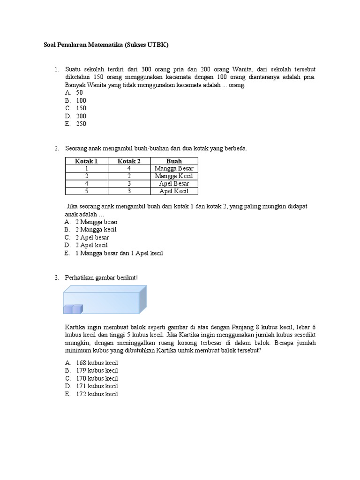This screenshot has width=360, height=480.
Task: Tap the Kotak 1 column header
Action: (x=86, y=161)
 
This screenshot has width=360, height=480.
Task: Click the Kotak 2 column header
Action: (x=129, y=161)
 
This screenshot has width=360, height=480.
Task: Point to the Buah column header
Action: (x=174, y=161)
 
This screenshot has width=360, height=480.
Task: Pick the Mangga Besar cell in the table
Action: (x=174, y=169)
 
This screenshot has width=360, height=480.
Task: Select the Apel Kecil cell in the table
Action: (x=174, y=191)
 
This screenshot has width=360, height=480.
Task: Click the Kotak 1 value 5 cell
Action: (x=86, y=191)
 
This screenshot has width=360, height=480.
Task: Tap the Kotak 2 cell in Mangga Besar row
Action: (x=129, y=169)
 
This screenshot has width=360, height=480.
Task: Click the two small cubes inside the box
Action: (x=73, y=309)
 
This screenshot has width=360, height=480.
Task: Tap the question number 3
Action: (x=56, y=278)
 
